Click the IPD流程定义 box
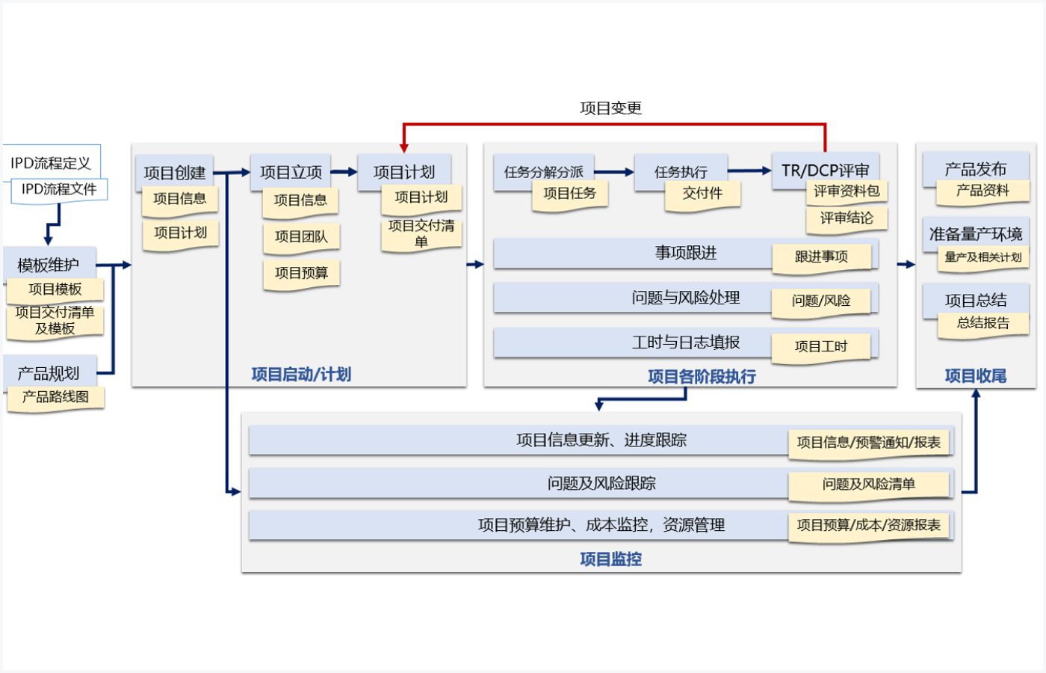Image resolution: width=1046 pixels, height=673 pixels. (51, 162)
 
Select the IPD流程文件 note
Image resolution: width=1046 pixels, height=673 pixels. (59, 189)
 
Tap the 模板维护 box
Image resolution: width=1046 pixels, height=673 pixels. (49, 264)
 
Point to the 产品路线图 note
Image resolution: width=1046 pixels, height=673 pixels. (55, 397)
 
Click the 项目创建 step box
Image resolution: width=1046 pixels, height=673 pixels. (174, 172)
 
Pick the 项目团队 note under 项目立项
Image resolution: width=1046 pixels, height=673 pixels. (301, 236)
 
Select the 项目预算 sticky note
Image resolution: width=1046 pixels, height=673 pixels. (301, 273)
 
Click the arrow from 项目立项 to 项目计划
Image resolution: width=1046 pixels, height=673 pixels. (344, 172)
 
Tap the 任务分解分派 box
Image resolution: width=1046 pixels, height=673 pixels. (543, 172)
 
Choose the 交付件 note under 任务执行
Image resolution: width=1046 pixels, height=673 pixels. (702, 194)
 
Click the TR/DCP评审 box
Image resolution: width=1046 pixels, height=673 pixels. (825, 170)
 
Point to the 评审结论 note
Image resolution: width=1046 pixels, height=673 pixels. (847, 218)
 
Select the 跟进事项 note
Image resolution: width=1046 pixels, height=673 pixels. (821, 256)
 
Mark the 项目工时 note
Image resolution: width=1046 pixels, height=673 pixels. (821, 346)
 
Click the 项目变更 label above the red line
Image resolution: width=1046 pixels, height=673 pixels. (610, 108)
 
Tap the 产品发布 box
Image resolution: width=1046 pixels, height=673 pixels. (975, 169)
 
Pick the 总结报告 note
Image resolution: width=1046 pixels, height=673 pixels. (983, 323)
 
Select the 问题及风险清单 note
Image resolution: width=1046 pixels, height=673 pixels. (869, 485)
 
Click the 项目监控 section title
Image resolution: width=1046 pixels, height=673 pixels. (610, 559)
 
